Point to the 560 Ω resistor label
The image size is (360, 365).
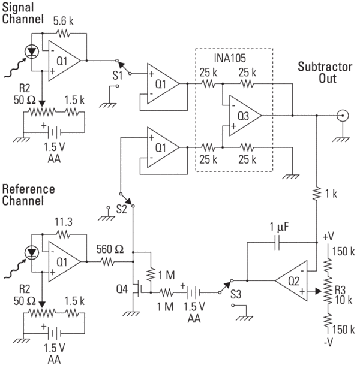(111, 251)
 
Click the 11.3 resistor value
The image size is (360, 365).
(65, 222)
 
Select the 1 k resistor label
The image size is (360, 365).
(329, 194)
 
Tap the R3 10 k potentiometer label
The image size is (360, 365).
(340, 293)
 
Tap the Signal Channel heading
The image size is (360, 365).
(22, 13)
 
